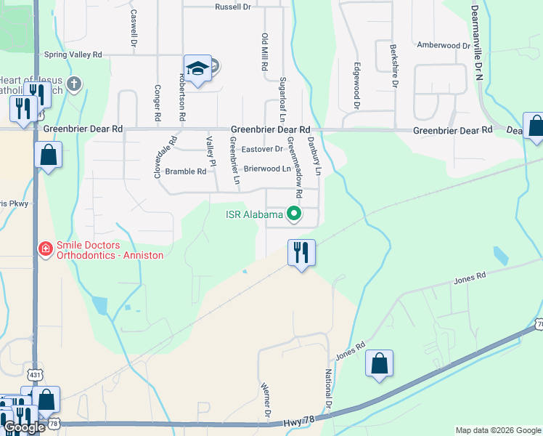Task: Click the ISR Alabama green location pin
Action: [294, 214]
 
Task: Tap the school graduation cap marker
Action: [197, 68]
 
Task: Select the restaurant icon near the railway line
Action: [301, 253]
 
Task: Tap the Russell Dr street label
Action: [232, 7]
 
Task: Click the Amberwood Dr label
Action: [443, 45]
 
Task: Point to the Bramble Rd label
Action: [186, 171]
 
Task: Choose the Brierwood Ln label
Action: [266, 169]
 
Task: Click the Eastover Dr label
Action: [262, 149]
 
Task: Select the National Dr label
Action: [328, 389]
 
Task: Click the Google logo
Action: [24, 427]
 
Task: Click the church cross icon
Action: [73, 84]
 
